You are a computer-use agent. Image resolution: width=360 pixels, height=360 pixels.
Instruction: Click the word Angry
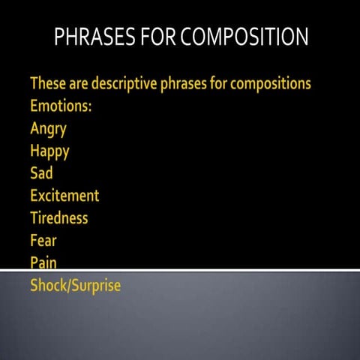tap(48, 128)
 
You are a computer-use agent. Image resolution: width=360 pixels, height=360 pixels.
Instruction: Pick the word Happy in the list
tap(49, 151)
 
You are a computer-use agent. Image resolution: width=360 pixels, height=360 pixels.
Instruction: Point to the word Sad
tap(41, 173)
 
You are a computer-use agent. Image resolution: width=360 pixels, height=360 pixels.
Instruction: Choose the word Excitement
tap(64, 196)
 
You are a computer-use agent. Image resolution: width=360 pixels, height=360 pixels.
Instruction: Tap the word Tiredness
tap(59, 218)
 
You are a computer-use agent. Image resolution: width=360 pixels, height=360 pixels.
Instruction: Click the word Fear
tap(43, 241)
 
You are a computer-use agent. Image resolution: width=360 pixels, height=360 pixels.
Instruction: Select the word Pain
tap(43, 262)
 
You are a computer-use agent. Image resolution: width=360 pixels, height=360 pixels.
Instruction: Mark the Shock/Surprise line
tap(75, 286)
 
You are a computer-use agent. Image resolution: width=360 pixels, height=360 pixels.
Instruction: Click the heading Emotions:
tap(61, 106)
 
